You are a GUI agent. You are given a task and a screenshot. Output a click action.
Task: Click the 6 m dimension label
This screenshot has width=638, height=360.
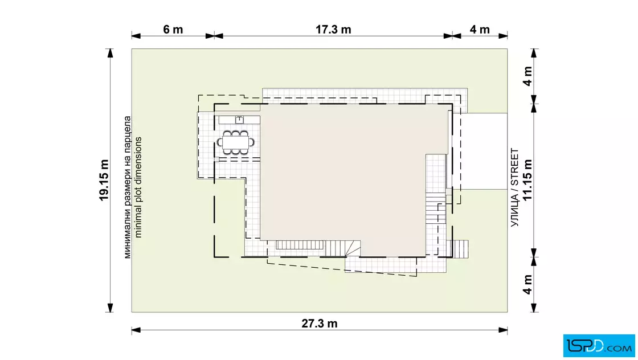tap(173, 29)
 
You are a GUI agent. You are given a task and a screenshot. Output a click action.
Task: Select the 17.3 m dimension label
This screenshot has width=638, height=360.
tap(333, 29)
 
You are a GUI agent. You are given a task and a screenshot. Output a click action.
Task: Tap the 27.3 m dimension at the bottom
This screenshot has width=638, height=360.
tap(320, 324)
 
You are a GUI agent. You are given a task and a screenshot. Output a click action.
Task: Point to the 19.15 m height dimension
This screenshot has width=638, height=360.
tap(104, 180)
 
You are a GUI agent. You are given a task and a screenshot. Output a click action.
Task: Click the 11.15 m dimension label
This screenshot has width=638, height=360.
tap(527, 180)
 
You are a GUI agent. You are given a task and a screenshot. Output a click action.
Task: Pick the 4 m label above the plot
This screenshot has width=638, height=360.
tap(480, 29)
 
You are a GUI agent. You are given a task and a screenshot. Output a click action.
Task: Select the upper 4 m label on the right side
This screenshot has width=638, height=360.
tap(527, 76)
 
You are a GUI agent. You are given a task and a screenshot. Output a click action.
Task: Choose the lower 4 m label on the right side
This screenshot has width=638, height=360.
tap(527, 284)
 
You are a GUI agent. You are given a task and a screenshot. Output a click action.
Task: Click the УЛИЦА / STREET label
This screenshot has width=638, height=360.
tap(515, 187)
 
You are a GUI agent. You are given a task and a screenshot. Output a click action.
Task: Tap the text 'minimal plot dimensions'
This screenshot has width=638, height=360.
tap(138, 187)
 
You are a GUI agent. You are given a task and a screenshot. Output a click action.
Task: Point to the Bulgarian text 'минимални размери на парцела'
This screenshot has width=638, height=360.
tap(128, 187)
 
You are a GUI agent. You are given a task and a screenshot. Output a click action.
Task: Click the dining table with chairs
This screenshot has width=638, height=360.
tap(236, 142)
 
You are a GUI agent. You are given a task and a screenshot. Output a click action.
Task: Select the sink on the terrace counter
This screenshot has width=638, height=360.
tap(239, 120)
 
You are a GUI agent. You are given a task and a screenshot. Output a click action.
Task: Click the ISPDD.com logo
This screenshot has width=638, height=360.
tap(599, 346)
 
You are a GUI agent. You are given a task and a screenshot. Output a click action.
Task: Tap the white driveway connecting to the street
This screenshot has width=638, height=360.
tap(484, 152)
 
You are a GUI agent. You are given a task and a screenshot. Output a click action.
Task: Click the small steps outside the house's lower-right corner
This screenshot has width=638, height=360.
tap(460, 248)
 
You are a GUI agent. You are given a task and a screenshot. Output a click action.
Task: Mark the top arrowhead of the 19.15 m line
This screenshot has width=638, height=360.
tap(109, 54)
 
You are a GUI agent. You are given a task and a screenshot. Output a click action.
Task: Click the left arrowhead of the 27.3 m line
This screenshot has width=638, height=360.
tap(136, 330)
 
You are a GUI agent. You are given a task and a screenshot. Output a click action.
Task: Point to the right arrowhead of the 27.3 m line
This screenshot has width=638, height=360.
tap(503, 330)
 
